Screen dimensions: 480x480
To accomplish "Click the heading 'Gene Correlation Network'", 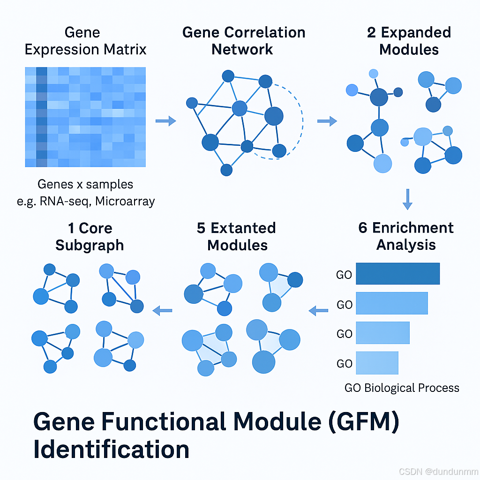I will click(x=244, y=41).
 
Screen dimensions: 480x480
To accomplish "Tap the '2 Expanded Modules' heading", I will click(x=409, y=41).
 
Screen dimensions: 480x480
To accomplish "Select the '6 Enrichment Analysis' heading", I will click(x=406, y=236).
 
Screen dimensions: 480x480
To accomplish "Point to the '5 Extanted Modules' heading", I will click(x=237, y=236).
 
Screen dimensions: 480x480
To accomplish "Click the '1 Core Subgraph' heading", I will click(x=90, y=236).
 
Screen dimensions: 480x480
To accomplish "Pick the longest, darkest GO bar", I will click(x=397, y=274).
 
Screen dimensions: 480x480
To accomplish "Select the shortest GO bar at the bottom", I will click(x=377, y=363).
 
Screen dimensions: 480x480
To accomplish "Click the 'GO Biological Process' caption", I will click(x=402, y=388).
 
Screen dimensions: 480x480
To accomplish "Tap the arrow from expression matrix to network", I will click(x=165, y=121).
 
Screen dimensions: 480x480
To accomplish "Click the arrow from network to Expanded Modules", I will click(x=327, y=121).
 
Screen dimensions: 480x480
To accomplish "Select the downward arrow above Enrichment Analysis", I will click(x=407, y=199).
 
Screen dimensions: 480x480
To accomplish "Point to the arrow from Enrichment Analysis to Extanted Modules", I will click(x=318, y=310).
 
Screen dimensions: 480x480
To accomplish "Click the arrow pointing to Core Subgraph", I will click(x=163, y=310).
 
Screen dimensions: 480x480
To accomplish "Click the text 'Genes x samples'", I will click(x=85, y=184).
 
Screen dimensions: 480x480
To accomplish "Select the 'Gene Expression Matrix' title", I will click(x=85, y=41).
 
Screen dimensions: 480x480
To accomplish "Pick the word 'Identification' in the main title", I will click(x=111, y=450).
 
